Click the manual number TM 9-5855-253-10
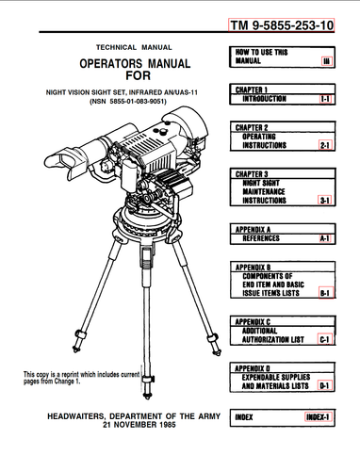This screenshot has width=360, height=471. tap(282, 25)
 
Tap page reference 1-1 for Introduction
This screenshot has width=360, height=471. tap(325, 99)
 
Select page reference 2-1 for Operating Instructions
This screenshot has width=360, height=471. tap(325, 145)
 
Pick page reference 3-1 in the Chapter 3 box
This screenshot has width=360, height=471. tap(325, 200)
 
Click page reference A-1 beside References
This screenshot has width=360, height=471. tap(325, 238)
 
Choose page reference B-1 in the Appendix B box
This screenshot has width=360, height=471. tap(325, 293)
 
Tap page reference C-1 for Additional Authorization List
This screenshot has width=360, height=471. tap(325, 339)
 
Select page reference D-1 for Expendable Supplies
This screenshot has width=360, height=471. tap(325, 385)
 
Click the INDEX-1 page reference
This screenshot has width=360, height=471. tap(318, 417)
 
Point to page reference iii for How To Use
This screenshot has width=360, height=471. tap(326, 61)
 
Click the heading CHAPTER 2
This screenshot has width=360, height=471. tap(252, 127)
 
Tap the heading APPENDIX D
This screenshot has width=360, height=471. tap(253, 368)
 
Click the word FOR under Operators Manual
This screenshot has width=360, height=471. tap(139, 75)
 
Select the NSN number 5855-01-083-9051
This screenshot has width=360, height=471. tap(139, 102)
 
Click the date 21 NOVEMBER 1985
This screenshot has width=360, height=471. tap(139, 425)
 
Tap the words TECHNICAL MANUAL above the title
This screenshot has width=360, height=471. tap(134, 47)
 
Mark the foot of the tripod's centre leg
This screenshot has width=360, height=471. tap(147, 395)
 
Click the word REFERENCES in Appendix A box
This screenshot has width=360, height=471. tap(261, 238)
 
